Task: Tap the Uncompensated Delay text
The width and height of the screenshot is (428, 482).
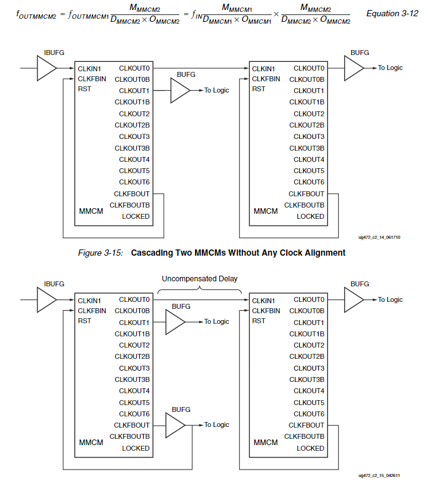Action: pos(199,278)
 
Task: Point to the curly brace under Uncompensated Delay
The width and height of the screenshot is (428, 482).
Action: pos(199,288)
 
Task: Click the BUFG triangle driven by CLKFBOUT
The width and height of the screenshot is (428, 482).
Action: pos(174,425)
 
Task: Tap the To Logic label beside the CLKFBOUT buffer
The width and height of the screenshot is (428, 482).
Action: pos(217,425)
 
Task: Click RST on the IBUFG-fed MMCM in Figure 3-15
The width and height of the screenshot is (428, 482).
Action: pos(84,90)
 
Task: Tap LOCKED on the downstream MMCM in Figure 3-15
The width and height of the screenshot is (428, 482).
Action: pos(311,216)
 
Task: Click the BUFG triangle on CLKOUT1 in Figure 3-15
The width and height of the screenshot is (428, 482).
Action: pos(179,91)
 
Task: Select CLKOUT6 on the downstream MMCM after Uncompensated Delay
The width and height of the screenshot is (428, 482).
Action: pos(309,414)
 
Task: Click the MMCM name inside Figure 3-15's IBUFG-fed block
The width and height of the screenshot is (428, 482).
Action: pos(91,211)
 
